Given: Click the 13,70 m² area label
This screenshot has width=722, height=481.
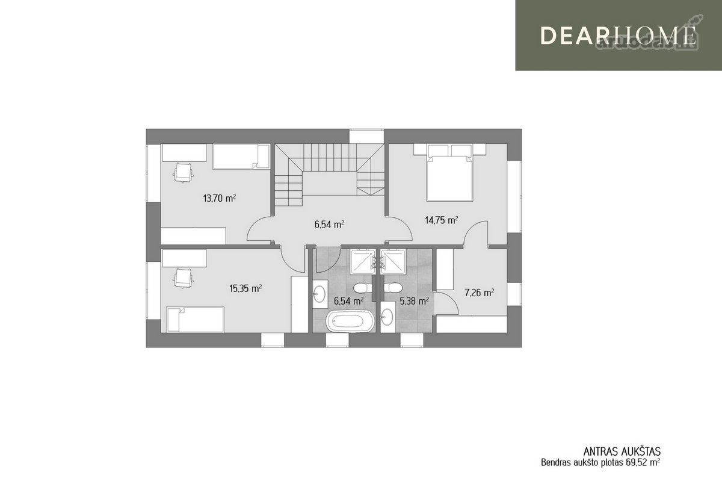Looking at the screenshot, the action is pos(220,198).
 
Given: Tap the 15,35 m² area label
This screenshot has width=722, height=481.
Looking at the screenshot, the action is pos(245,288).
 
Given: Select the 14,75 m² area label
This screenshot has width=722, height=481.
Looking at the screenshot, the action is pos(442,220).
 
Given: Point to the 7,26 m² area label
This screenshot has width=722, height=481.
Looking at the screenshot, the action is pos(480,293).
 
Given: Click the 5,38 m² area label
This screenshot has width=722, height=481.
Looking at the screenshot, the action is pos(414,301).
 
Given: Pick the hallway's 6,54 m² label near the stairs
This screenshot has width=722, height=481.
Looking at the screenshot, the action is pos(330,225).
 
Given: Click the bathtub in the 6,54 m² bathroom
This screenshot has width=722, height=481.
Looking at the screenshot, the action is pos(350,321).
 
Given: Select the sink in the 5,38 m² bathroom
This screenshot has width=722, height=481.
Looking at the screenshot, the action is pos(387,317).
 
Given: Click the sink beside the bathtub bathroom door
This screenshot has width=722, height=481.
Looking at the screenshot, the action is pos(319,294).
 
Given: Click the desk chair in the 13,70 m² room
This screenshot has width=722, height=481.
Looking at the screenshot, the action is pos(184,173).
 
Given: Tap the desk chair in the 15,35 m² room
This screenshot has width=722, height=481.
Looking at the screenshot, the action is pos(184,278).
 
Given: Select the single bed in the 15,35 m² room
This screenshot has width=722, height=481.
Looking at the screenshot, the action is pos(195,320).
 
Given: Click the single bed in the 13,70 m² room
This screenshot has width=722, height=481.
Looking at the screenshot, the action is pos(241,156).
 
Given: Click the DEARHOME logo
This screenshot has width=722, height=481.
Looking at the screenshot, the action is pos(619,36).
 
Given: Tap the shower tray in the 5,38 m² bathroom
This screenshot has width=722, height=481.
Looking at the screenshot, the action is pos(392,262).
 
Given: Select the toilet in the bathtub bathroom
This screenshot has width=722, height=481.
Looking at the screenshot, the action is pos(363,287).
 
